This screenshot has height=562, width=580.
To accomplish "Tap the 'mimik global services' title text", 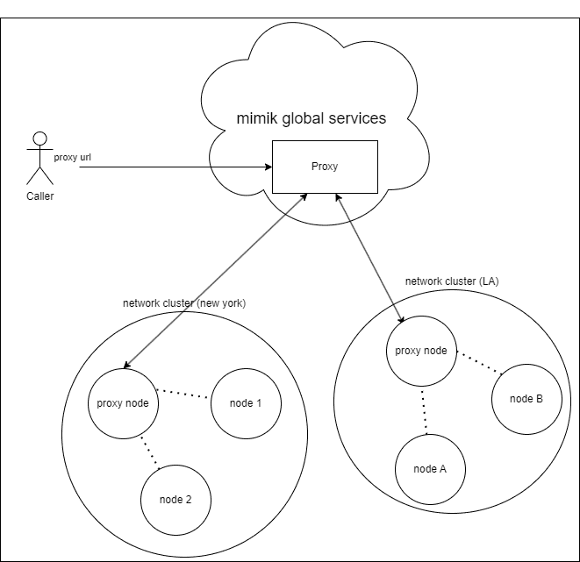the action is [311, 118].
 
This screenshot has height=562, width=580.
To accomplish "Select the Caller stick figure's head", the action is [40, 139].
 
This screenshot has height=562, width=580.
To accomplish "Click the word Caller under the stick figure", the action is [40, 196].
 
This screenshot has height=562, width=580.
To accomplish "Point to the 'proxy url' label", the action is [73, 158].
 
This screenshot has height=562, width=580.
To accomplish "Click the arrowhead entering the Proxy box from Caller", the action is [269, 167].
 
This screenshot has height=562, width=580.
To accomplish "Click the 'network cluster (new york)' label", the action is [184, 303].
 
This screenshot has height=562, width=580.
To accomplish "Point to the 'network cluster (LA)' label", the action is [452, 281].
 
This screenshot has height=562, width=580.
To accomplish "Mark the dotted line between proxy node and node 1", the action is [183, 394].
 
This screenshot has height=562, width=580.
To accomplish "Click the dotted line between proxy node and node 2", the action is [151, 453].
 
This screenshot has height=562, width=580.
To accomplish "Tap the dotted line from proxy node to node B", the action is [479, 363].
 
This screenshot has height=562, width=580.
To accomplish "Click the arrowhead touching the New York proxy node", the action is [127, 365].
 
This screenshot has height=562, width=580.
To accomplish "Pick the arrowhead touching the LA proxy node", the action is [401, 319].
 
